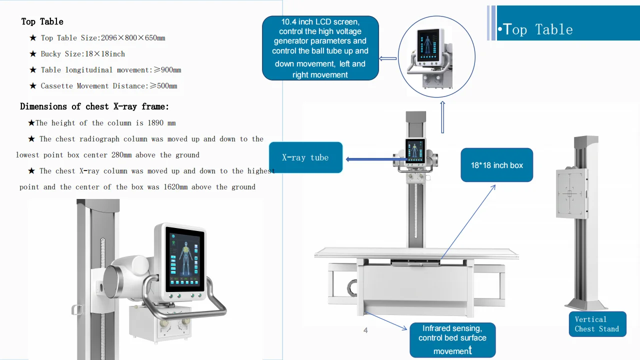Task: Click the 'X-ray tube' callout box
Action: point(305,157)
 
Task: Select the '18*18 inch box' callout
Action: point(496,165)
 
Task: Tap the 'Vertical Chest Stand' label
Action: point(597,324)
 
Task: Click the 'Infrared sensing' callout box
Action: point(452,340)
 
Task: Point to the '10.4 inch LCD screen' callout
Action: point(320,48)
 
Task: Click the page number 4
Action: point(365,330)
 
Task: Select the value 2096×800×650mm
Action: point(133,38)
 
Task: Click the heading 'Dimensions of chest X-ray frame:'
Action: point(94,106)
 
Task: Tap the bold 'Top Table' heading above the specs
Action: point(42,21)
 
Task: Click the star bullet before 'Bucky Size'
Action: point(33,54)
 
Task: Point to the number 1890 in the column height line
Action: point(155,123)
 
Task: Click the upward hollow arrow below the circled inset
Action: point(442,117)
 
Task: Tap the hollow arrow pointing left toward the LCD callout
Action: point(388,58)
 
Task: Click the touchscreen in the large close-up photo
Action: point(184,258)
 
